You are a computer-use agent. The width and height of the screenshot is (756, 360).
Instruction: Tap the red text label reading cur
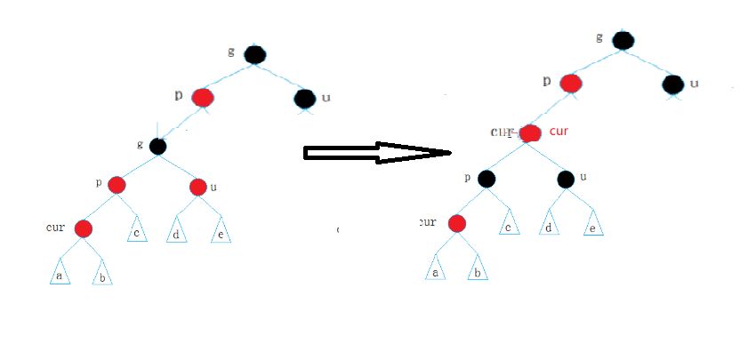(x=559, y=132)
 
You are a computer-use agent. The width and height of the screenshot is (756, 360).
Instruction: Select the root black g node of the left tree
(x=254, y=54)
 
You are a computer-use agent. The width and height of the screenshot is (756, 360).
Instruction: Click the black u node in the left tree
(x=305, y=98)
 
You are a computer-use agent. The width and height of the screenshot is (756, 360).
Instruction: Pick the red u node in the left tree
(x=198, y=187)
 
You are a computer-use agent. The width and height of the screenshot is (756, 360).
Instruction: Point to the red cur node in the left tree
(x=83, y=228)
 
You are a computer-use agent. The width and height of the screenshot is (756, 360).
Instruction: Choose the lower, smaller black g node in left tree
(x=158, y=146)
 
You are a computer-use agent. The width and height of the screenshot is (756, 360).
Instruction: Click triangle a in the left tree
(x=59, y=272)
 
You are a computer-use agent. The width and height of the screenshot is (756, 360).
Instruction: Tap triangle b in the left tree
(x=102, y=274)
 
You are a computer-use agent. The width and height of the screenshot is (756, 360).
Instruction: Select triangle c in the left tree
(x=136, y=230)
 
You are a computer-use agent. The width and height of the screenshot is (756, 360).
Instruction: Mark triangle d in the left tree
(x=176, y=231)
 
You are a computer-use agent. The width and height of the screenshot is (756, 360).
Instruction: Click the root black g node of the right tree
(x=623, y=41)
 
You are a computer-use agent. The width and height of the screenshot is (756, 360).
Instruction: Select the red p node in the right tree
(x=570, y=84)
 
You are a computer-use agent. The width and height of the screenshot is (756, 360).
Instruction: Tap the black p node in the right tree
(x=486, y=179)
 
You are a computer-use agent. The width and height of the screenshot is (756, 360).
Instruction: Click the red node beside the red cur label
(x=531, y=133)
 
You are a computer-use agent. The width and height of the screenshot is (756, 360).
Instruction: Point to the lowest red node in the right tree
(x=457, y=223)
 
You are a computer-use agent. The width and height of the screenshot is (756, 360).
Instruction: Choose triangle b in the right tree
(x=478, y=268)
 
